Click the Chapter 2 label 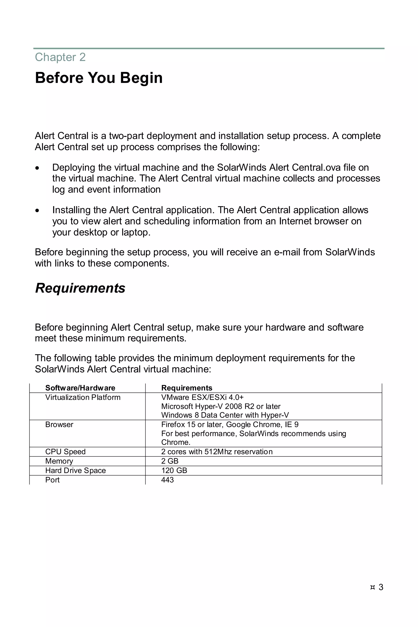pyautogui.click(x=60, y=57)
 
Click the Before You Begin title pyautogui.click(x=99, y=78)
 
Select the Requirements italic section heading pyautogui.click(x=80, y=288)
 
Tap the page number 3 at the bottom pyautogui.click(x=381, y=587)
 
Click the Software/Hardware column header pyautogui.click(x=80, y=388)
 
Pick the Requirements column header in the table pyautogui.click(x=187, y=388)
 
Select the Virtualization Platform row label pyautogui.click(x=83, y=397)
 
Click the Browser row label pyautogui.click(x=59, y=425)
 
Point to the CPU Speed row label pyautogui.click(x=65, y=452)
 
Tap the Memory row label pyautogui.click(x=59, y=461)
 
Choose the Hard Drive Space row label pyautogui.click(x=76, y=470)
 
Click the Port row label pyautogui.click(x=52, y=480)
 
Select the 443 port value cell pyautogui.click(x=167, y=480)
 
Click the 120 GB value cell pyautogui.click(x=174, y=470)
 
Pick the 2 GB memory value pyautogui.click(x=170, y=461)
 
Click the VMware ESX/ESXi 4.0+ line pyautogui.click(x=202, y=397)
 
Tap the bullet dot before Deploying pyautogui.click(x=37, y=168)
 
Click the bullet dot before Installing pyautogui.click(x=37, y=211)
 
